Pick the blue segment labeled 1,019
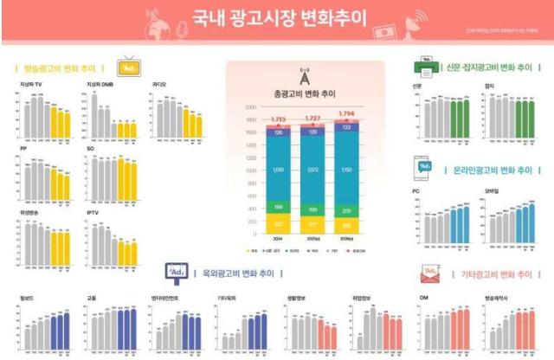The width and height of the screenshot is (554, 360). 278,170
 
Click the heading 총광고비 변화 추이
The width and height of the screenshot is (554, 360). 302,93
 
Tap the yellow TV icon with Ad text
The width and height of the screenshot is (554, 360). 129,65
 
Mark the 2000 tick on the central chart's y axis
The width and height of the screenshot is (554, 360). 251,106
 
